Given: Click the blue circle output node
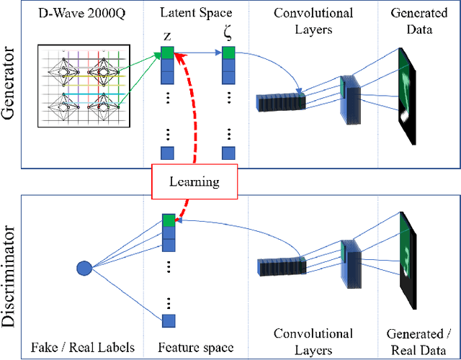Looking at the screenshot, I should [x=84, y=269].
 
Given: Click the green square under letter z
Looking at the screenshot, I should [x=167, y=53].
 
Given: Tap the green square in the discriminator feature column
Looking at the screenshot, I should [x=168, y=220].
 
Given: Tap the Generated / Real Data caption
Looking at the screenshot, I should [x=419, y=341].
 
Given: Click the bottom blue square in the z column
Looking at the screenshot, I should [x=167, y=153].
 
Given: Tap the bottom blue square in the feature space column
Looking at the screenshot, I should [x=168, y=320].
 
